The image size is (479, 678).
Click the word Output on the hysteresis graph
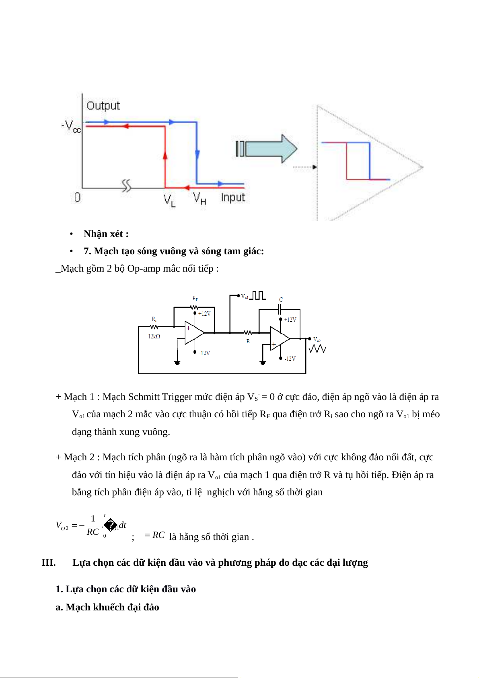click(x=103, y=105)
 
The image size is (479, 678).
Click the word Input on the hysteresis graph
click(x=233, y=197)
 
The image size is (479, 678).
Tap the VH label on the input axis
click(x=199, y=198)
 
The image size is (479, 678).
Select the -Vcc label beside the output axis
click(x=71, y=126)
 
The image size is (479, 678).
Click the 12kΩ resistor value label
click(x=154, y=336)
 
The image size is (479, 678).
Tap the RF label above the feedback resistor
click(x=195, y=299)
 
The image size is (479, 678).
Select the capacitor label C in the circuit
click(x=281, y=300)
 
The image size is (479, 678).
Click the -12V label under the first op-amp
click(x=204, y=353)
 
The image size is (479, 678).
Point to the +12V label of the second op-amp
click(x=290, y=320)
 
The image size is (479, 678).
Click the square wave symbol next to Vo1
click(x=258, y=296)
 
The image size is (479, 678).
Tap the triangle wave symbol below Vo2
click(x=317, y=349)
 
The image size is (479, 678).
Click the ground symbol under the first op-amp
click(x=177, y=363)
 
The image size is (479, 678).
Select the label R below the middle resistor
click(x=248, y=342)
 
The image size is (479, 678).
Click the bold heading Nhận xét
click(x=106, y=234)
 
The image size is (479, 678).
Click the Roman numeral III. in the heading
click(x=48, y=563)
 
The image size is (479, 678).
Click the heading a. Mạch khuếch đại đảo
click(x=107, y=607)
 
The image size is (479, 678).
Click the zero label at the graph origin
click(x=77, y=197)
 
